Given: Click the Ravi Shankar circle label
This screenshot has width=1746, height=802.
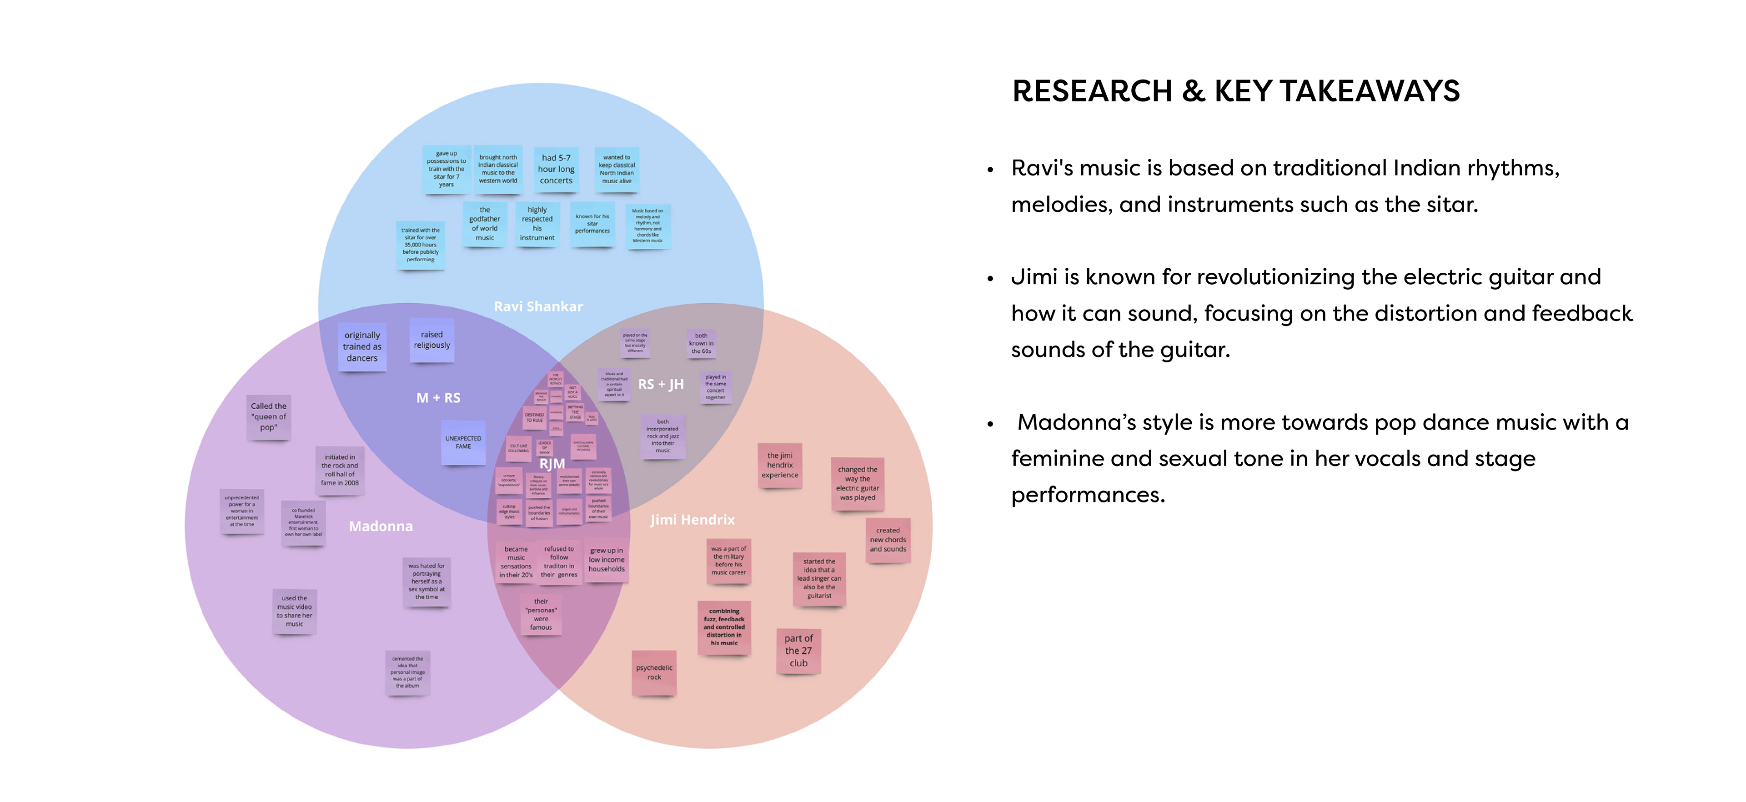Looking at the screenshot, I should pyautogui.click(x=538, y=306).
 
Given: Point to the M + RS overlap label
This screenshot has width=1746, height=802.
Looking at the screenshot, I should pyautogui.click(x=438, y=398).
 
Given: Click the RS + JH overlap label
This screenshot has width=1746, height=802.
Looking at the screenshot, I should pyautogui.click(x=661, y=384).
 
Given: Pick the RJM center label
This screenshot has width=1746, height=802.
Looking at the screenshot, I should pyautogui.click(x=552, y=464).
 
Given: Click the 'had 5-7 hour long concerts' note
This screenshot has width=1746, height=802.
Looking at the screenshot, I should pyautogui.click(x=556, y=169).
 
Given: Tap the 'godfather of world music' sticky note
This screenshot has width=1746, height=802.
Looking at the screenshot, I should pyautogui.click(x=485, y=224).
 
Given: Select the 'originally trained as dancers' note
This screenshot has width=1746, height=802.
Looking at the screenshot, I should pyautogui.click(x=362, y=346).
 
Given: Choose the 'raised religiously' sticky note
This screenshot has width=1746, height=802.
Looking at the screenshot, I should pyautogui.click(x=432, y=340).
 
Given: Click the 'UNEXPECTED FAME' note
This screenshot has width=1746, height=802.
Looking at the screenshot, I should pyautogui.click(x=463, y=442).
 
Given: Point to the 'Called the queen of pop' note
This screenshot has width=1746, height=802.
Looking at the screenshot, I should pyautogui.click(x=268, y=417).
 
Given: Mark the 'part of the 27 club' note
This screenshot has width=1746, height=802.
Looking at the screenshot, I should pyautogui.click(x=798, y=651).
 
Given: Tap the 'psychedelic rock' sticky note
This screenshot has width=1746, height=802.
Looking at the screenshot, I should pyautogui.click(x=654, y=672).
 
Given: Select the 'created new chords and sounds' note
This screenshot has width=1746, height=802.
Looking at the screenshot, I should pyautogui.click(x=888, y=540).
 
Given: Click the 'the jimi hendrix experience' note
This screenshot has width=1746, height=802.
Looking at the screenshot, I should pyautogui.click(x=779, y=465).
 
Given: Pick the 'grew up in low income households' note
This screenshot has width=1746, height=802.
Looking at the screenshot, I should pyautogui.click(x=607, y=560).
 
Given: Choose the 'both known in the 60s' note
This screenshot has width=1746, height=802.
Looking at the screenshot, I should pyautogui.click(x=701, y=343).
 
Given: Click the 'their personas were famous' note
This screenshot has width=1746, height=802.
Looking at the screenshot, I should pyautogui.click(x=541, y=614).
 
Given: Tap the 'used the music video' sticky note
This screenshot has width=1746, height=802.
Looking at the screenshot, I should pyautogui.click(x=294, y=611).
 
